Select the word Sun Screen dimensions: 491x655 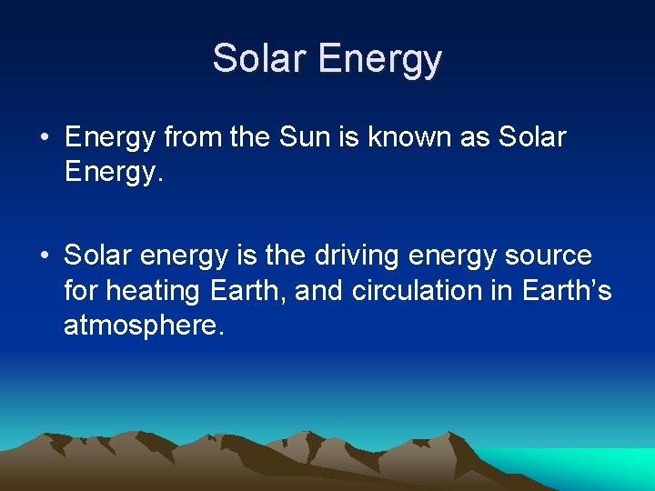(304, 138)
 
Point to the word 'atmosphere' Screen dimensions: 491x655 (142, 326)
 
